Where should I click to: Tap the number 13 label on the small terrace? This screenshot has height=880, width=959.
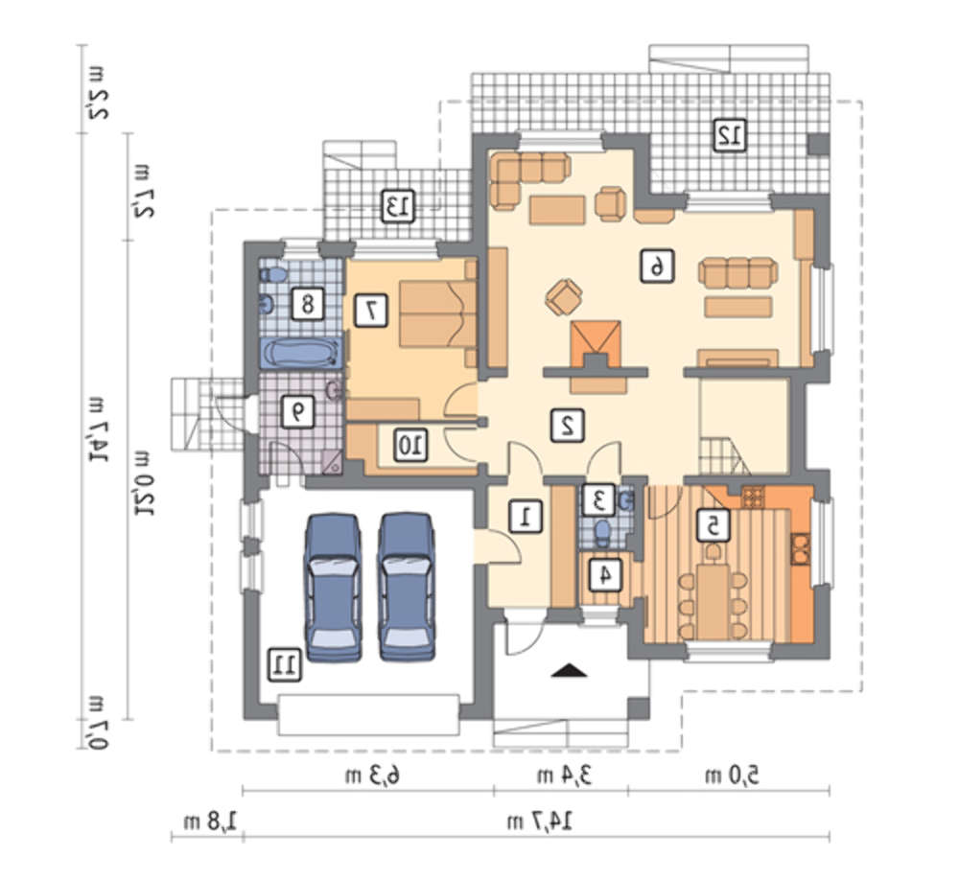point(398,205)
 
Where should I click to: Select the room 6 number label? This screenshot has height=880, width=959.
point(658,266)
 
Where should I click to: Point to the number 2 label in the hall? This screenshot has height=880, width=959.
point(567,425)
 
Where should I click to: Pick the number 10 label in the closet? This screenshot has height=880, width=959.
point(410,444)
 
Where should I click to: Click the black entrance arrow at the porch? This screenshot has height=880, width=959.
point(569,670)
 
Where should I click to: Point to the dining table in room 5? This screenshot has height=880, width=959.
point(713,600)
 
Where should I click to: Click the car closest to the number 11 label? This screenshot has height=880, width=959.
point(333,587)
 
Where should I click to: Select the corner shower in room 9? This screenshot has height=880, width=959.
point(332,462)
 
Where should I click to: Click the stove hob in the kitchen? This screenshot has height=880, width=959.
point(753,497)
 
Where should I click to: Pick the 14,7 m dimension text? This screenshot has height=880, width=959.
point(540,821)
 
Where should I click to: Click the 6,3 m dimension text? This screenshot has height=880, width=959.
point(373,776)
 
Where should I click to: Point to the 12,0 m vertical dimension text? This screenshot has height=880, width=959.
point(146,482)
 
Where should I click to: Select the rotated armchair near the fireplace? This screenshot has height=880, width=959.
point(564,297)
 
